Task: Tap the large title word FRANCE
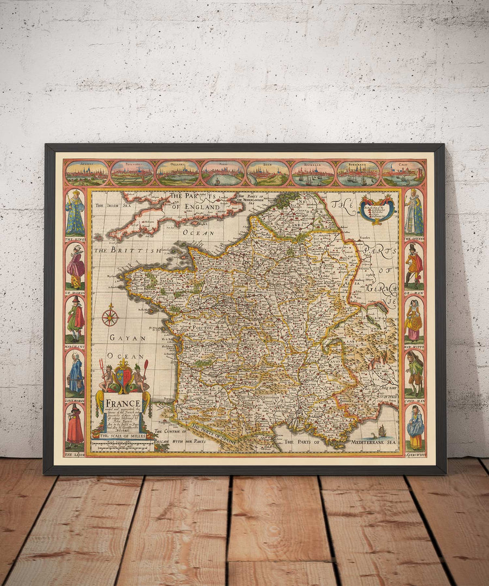coord(123,404)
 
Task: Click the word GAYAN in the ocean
coord(120,338)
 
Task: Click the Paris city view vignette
coord(223,173)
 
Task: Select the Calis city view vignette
coord(403,173)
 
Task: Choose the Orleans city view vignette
coord(178,173)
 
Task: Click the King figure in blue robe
coord(75,213)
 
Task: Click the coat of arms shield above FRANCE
coord(123,377)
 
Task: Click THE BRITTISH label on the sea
coord(128,251)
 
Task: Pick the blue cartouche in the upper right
coord(377,209)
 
